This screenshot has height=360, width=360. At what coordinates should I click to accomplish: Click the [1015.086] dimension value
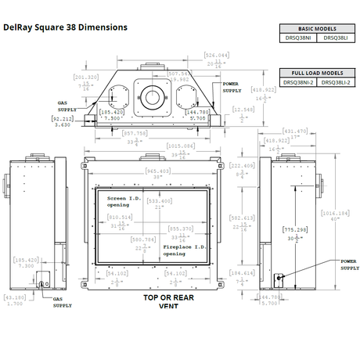(181, 146)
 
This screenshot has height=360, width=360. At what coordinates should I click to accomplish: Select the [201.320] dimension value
(85, 77)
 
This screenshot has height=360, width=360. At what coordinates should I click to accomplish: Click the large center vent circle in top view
(153, 98)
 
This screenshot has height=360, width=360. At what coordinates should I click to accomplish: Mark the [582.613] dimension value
(244, 218)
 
